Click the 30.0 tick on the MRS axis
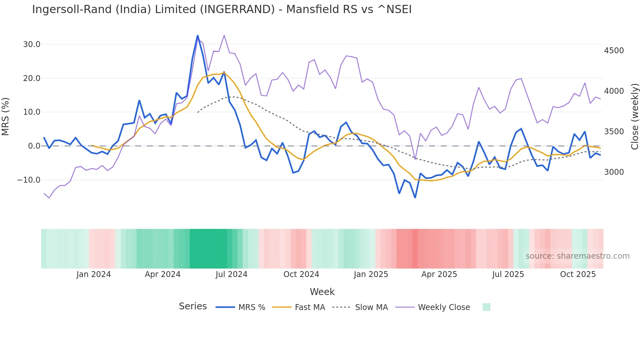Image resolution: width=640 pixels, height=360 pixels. [31, 44]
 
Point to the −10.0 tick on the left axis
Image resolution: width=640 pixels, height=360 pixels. [29, 180]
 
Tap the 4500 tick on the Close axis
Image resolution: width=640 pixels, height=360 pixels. [614, 51]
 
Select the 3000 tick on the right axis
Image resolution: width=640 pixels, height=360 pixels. [614, 172]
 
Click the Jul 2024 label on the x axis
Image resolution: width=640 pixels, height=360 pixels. [231, 274]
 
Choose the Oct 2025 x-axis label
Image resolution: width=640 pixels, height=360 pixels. [578, 274]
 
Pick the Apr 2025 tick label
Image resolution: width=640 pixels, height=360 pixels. [439, 274]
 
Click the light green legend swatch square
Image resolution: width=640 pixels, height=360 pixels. [486, 307]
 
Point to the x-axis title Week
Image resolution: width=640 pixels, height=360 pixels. [322, 292]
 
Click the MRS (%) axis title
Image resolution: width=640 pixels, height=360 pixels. [6, 117]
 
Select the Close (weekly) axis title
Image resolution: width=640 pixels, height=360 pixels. [634, 117]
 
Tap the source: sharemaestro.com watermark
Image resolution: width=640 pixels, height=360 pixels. [577, 256]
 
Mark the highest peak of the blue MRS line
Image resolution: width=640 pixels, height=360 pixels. [198, 36]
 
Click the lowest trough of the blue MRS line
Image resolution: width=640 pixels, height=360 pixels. [415, 197]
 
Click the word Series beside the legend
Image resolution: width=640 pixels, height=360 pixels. [193, 306]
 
